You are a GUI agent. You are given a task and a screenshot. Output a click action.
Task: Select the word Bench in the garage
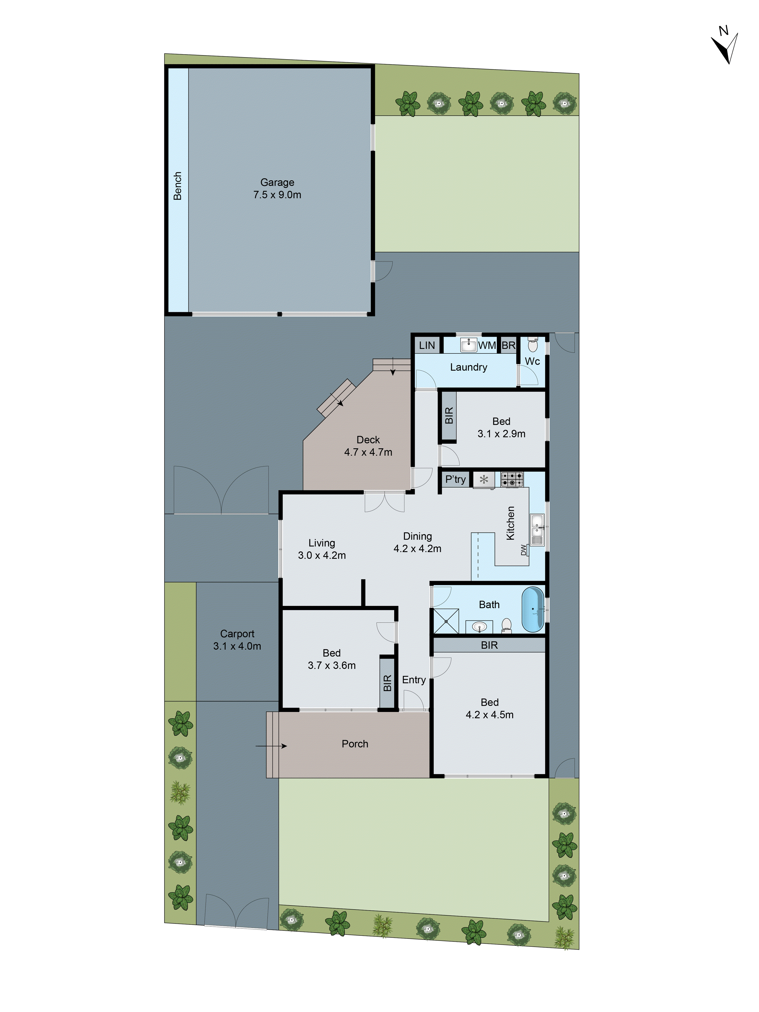pos(178,186)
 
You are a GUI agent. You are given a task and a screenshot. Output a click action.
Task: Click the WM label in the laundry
pos(487,345)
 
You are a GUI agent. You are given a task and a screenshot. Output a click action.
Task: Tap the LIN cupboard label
pos(427,345)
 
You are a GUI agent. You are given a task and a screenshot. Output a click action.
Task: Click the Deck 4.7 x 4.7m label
pos(368,446)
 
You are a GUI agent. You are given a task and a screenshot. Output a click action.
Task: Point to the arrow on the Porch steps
pos(271,746)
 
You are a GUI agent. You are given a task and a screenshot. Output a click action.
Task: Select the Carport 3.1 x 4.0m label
pos(237,640)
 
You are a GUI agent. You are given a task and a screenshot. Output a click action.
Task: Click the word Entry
pos(414,680)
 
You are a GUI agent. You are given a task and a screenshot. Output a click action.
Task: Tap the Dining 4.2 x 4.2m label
pos(417,542)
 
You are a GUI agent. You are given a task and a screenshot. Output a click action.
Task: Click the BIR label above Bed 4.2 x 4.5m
pos(489,645)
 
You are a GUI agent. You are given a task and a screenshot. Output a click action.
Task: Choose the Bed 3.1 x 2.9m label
pos(501,427)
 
